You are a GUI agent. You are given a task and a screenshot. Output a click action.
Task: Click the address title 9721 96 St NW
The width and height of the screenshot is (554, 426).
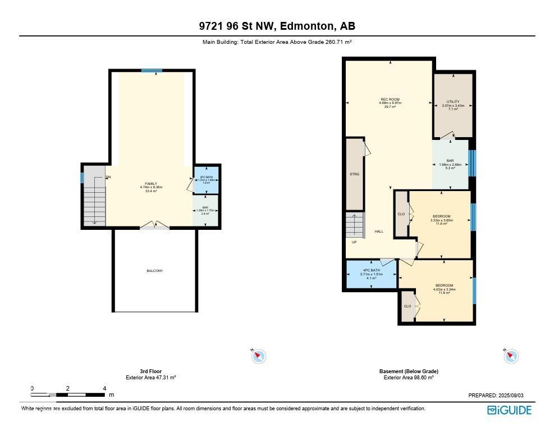tap(277, 26)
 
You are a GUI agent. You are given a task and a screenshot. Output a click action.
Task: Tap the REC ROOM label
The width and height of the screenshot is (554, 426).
tap(390, 99)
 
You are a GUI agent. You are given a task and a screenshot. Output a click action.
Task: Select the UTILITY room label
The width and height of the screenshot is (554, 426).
tap(452, 102)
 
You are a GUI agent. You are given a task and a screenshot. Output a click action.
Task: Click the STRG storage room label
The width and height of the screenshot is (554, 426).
tap(354, 174)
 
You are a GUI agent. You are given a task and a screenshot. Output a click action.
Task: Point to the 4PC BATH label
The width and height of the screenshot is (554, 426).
tap(371, 270)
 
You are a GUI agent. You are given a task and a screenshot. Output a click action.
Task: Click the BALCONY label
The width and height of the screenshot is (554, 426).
tap(154, 271)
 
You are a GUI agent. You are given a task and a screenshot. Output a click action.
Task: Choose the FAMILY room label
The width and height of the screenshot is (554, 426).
tap(150, 184)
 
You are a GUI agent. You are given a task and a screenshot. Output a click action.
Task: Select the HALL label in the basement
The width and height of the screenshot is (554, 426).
tap(378, 231)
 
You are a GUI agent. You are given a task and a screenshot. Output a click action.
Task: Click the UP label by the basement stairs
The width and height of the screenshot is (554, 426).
tap(354, 242)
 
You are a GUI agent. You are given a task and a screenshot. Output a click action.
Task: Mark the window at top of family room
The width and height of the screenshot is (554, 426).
tap(152, 70)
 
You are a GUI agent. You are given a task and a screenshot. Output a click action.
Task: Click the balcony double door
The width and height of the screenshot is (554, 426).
tap(154, 226)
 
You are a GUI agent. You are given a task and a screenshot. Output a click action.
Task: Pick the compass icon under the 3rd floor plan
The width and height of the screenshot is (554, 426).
tap(258, 356)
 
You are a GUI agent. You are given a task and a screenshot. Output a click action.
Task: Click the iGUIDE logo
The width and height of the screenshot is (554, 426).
tap(509, 410)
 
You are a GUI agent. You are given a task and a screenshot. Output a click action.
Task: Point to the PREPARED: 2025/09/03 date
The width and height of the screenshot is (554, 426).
tap(499, 396)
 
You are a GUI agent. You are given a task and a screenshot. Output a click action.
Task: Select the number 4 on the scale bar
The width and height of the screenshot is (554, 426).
tap(104, 388)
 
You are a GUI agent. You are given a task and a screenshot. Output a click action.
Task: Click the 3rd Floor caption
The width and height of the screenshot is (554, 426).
tap(150, 371)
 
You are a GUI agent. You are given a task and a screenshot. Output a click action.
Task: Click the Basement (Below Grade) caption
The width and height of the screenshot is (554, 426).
tap(408, 371)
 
